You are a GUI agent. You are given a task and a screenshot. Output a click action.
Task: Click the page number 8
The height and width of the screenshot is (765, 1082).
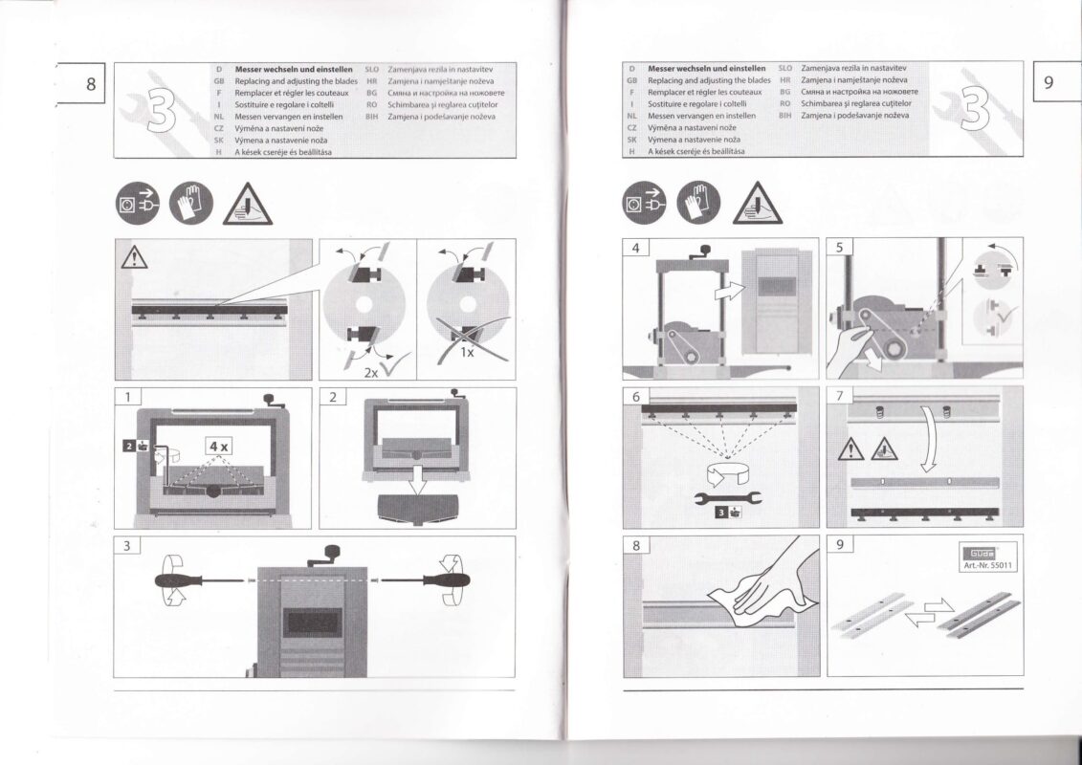[x=91, y=83]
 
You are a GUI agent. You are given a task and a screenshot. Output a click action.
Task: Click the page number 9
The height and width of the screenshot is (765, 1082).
[x=1049, y=83]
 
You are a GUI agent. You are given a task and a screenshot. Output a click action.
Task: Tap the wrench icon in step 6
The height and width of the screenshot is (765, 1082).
[x=723, y=496]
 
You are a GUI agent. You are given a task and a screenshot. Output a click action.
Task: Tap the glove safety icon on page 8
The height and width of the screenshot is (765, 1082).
[x=188, y=202]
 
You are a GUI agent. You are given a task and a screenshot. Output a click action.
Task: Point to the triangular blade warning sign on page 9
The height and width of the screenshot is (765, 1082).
[x=757, y=204]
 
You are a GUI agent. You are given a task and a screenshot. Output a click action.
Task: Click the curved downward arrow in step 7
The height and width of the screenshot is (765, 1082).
[x=930, y=439]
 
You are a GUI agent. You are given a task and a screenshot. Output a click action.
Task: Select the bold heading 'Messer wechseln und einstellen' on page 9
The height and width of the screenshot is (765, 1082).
[x=706, y=69]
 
